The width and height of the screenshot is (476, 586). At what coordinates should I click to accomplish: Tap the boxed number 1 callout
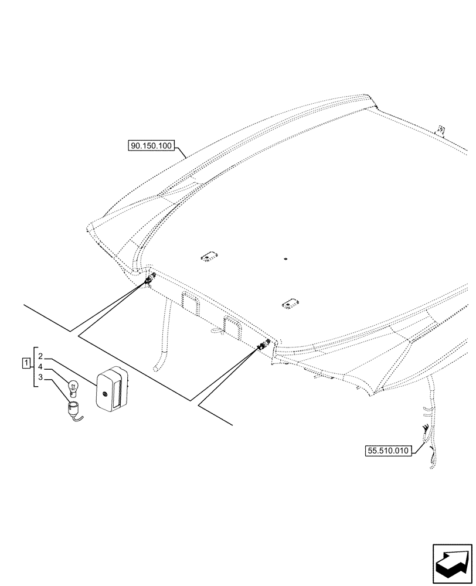(26, 363)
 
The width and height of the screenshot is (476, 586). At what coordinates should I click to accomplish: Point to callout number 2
(40, 356)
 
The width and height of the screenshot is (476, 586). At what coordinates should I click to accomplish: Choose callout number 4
(40, 367)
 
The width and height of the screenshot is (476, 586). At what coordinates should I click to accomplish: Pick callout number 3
(40, 377)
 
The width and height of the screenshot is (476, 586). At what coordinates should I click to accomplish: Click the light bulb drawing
(74, 386)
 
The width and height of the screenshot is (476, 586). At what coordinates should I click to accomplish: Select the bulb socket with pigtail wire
(74, 407)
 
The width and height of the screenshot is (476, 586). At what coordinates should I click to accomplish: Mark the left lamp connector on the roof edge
(149, 279)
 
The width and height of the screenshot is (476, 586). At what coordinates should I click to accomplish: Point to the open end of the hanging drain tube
(157, 368)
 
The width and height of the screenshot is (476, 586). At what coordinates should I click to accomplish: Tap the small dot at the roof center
(284, 258)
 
